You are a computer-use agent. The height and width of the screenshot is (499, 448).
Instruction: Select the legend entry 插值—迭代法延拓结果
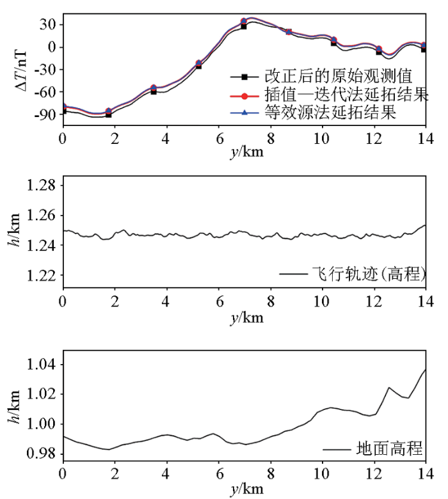346,95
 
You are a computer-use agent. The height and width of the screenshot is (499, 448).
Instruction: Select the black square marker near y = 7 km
244,26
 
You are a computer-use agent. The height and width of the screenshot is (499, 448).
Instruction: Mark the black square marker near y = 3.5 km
154,91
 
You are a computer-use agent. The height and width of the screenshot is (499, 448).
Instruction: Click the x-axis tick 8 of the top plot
270,138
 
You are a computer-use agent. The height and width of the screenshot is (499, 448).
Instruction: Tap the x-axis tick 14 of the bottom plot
424,474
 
